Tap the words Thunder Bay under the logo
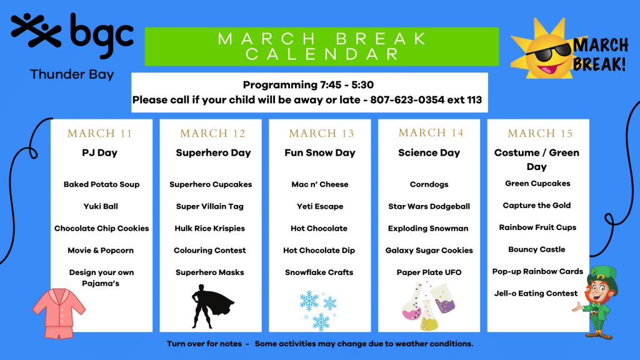pyautogui.click(x=72, y=75)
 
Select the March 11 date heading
pyautogui.click(x=100, y=133)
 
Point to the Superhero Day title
pyautogui.click(x=213, y=152)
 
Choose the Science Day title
pyautogui.click(x=429, y=152)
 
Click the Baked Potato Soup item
pyautogui.click(x=101, y=184)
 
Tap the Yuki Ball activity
pyautogui.click(x=101, y=206)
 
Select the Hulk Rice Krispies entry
pyautogui.click(x=210, y=228)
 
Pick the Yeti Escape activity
pyautogui.click(x=320, y=206)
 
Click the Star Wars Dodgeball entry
pyautogui.click(x=429, y=206)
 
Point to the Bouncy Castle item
pyautogui.click(x=537, y=249)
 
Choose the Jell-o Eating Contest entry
pyautogui.click(x=536, y=293)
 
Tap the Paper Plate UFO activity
pyautogui.click(x=429, y=272)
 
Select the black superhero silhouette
pyautogui.click(x=209, y=306)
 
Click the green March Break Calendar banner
pyautogui.click(x=321, y=46)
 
